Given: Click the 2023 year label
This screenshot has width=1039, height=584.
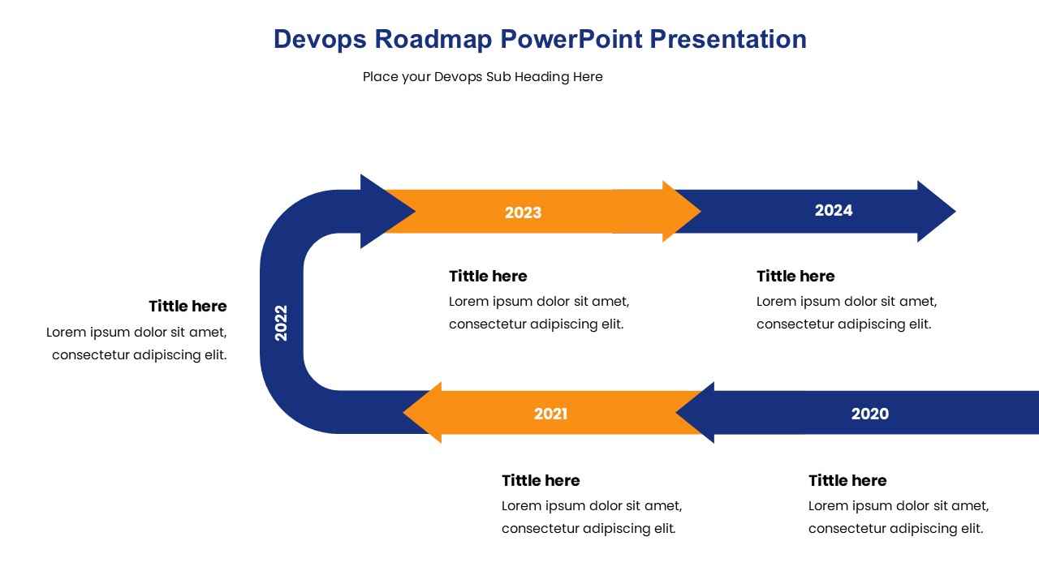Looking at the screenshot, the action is [523, 213].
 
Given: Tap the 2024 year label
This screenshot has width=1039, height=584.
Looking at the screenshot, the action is [834, 210].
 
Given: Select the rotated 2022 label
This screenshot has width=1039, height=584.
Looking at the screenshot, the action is [281, 323].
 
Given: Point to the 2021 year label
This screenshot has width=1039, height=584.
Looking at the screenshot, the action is [550, 414].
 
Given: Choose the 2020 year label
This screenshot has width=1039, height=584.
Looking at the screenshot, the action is [869, 414].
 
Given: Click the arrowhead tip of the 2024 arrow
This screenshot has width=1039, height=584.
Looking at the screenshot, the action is [955, 212].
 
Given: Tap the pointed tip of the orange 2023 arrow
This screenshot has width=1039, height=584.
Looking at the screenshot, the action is [701, 212].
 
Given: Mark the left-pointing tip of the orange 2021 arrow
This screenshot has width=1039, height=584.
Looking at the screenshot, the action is [403, 412].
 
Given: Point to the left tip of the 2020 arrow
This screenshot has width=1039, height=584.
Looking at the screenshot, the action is [676, 412].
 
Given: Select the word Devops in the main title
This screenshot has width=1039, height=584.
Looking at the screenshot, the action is [320, 40].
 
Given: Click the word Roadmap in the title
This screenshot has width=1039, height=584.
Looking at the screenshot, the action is [433, 40].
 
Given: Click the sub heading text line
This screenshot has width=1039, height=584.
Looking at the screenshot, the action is [482, 77].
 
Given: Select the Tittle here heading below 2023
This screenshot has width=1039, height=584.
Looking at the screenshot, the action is [488, 277].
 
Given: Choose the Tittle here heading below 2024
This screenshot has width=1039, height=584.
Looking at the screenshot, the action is [795, 277].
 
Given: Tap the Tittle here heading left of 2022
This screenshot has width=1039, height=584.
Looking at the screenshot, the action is [188, 307].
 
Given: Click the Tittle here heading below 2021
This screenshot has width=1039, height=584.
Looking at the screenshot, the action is [541, 481].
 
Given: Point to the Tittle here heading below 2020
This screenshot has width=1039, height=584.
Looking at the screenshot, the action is [847, 481].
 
